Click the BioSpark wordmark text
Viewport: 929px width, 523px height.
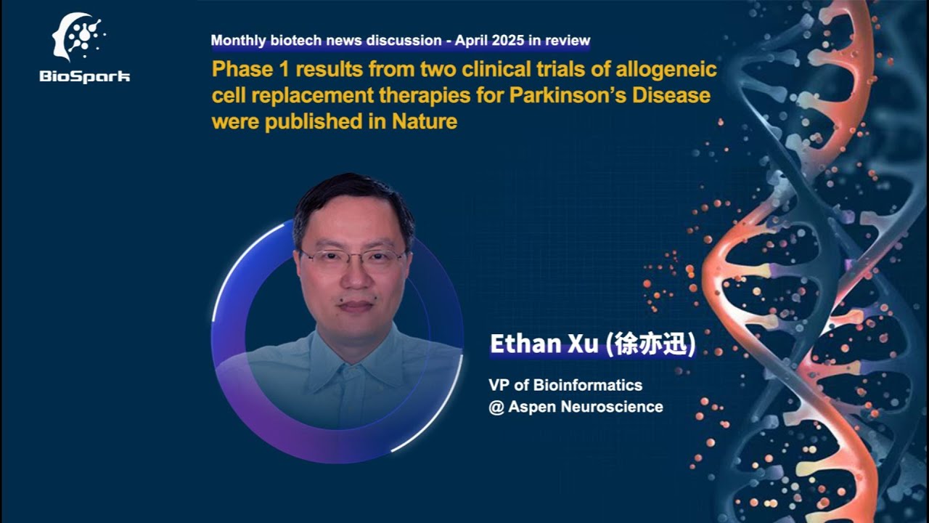(x=85, y=76)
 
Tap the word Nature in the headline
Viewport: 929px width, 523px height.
(x=425, y=121)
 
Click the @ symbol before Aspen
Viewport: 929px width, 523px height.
(x=496, y=407)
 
